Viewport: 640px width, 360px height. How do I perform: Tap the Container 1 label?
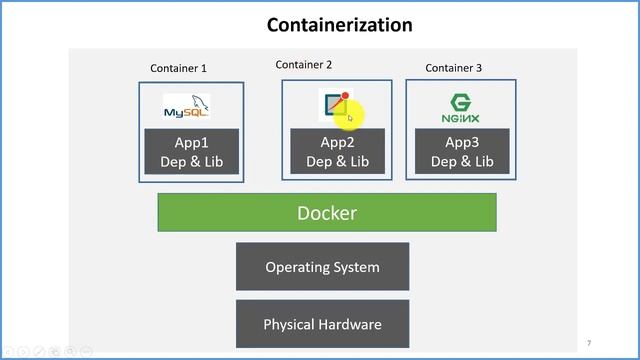click(178, 69)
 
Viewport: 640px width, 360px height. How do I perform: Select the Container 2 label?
click(304, 65)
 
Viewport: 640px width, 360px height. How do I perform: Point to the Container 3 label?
click(453, 68)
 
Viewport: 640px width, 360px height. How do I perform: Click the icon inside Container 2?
click(335, 105)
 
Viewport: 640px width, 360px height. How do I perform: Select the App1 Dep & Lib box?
click(191, 151)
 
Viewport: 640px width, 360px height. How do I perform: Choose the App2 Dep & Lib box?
click(337, 151)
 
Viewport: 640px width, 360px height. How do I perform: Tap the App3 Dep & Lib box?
click(461, 151)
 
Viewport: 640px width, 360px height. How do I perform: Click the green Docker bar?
click(326, 213)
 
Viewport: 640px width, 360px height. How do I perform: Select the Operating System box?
click(322, 267)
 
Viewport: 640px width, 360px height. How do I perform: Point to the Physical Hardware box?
click(322, 324)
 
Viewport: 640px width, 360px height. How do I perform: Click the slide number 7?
click(589, 342)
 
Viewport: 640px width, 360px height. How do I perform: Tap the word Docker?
click(326, 213)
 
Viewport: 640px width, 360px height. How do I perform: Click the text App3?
click(461, 142)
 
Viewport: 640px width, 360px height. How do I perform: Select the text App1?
click(191, 142)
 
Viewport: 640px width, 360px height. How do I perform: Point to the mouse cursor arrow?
click(350, 118)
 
